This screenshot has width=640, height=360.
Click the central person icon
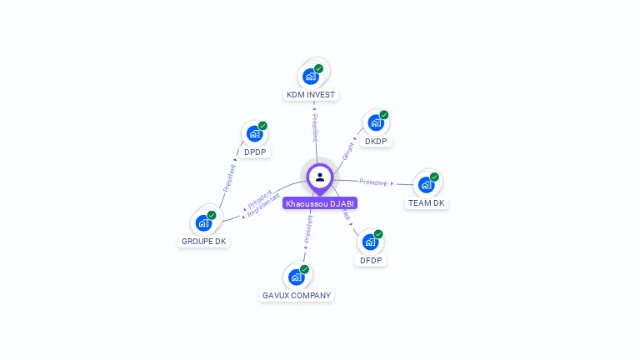[x=320, y=177]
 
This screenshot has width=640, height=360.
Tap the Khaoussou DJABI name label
[x=320, y=203]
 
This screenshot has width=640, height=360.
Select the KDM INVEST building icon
[x=311, y=77]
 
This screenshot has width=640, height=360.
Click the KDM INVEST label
[x=311, y=95]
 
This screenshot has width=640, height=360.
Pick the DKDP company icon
[x=376, y=122]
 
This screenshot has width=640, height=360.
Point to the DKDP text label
[x=377, y=142]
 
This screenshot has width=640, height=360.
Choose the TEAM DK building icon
[x=427, y=184]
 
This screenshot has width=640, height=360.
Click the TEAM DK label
[x=427, y=203]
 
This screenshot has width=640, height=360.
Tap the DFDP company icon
[x=370, y=242]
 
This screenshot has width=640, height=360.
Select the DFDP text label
[x=371, y=261]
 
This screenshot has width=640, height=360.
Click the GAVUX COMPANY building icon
[x=297, y=277]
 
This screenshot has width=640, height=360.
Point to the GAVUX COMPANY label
[x=297, y=296]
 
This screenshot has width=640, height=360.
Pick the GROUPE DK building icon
[x=203, y=222]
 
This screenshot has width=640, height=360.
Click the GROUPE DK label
[x=204, y=242]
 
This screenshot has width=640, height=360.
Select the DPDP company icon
[x=255, y=133]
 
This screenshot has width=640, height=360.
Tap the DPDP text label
[x=255, y=152]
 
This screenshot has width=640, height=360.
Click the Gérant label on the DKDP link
[x=348, y=151]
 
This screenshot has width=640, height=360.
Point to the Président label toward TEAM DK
[x=373, y=182]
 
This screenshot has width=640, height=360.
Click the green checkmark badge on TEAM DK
[x=434, y=177]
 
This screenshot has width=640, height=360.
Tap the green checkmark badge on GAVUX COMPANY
[x=304, y=269]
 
